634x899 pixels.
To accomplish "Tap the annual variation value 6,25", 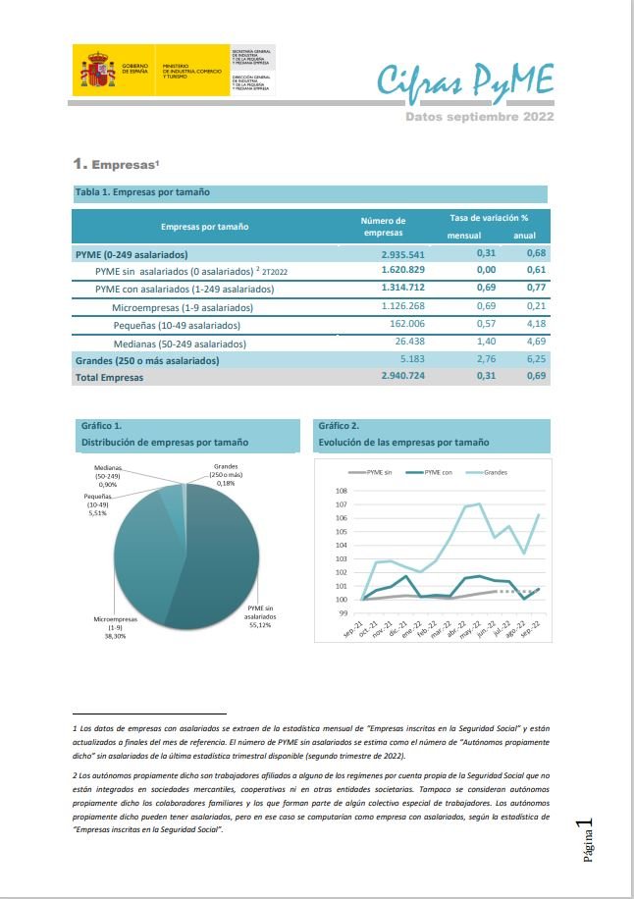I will click(x=534, y=360).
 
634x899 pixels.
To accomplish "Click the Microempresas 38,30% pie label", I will click(x=115, y=627).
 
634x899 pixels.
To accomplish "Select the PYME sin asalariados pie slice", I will click(x=231, y=559).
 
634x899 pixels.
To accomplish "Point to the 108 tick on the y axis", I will click(x=342, y=491).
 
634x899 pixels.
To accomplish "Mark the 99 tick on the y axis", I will click(x=343, y=613).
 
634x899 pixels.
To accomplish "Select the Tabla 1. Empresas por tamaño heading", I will click(x=142, y=192).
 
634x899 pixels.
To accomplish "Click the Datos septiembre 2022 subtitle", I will click(x=480, y=116).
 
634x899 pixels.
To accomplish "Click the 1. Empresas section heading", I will click(x=116, y=163).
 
